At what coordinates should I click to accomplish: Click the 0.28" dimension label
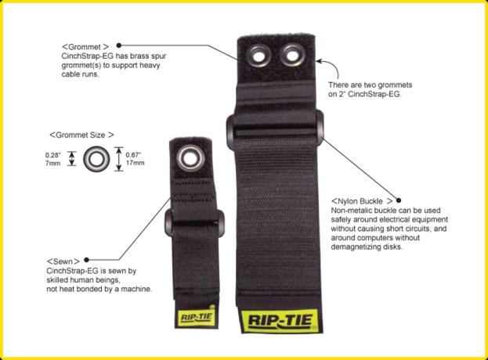(x=53, y=155)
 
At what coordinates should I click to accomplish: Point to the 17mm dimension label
(x=135, y=163)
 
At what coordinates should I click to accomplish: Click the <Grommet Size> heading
(x=81, y=135)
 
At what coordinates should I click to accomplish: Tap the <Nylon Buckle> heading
(x=362, y=201)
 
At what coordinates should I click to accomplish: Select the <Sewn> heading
(x=63, y=261)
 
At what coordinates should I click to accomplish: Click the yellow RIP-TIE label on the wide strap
(x=280, y=321)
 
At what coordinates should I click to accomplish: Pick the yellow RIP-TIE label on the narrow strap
(x=196, y=318)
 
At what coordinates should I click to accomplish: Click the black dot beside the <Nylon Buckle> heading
(x=399, y=200)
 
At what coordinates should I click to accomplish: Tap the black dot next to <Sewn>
(x=86, y=260)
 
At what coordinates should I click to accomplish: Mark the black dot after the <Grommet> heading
(x=119, y=45)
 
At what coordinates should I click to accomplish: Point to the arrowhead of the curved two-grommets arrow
(x=318, y=61)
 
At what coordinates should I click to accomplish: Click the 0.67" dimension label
(x=133, y=155)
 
